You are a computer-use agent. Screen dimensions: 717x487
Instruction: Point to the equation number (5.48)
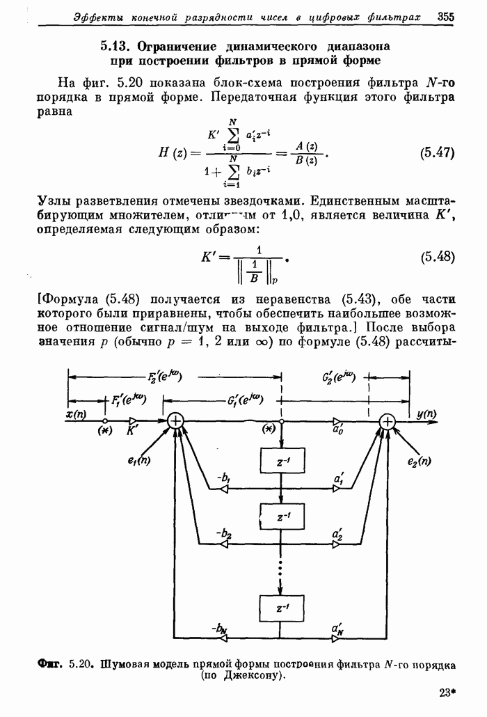point(438,257)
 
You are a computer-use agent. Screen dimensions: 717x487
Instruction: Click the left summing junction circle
point(176,421)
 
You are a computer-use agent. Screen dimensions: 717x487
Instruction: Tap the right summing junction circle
point(387,421)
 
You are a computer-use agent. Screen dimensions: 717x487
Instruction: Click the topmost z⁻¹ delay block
point(281,461)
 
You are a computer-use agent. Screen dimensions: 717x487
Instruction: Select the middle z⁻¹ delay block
point(281,517)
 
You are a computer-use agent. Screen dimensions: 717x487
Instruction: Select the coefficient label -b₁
point(224,478)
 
